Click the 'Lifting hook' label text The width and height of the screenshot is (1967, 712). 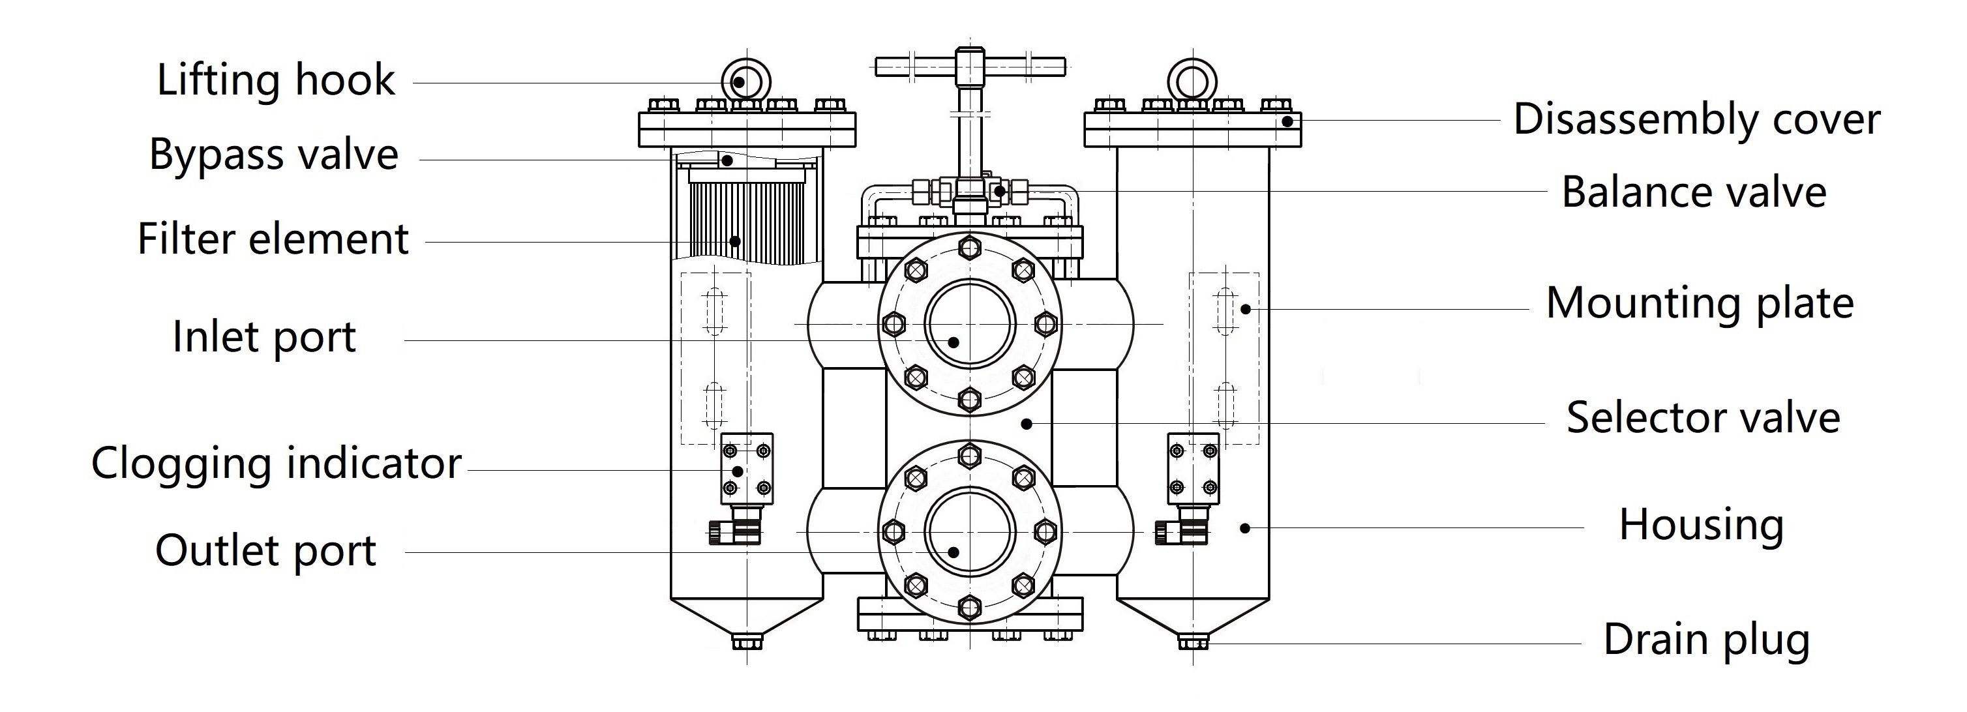pyautogui.click(x=276, y=80)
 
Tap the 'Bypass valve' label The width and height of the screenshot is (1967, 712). pyautogui.click(x=273, y=155)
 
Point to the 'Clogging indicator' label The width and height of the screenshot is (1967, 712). pyautogui.click(x=277, y=463)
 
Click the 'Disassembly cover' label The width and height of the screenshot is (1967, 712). pyautogui.click(x=1697, y=120)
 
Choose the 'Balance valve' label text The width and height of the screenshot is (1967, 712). pyautogui.click(x=1694, y=192)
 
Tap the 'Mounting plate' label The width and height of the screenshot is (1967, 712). pyautogui.click(x=1700, y=303)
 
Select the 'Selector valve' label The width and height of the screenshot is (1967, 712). pyautogui.click(x=1703, y=417)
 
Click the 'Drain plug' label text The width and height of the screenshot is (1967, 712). pyautogui.click(x=1706, y=639)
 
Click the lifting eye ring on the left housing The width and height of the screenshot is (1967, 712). pyautogui.click(x=745, y=80)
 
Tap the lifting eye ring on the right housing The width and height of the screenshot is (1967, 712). pyautogui.click(x=1192, y=80)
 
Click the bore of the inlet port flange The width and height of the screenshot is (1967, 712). pyautogui.click(x=970, y=323)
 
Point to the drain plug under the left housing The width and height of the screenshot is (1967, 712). pyautogui.click(x=747, y=642)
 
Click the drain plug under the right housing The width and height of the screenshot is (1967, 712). pyautogui.click(x=1193, y=642)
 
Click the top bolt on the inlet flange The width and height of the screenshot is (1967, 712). pyautogui.click(x=970, y=247)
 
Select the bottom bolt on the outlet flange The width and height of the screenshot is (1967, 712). pyautogui.click(x=970, y=608)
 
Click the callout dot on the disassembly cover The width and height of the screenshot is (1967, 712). pyautogui.click(x=1287, y=121)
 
